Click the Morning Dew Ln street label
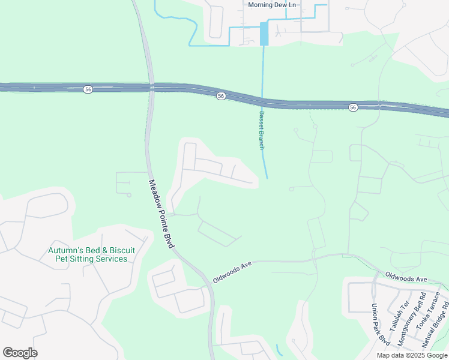click(x=272, y=5)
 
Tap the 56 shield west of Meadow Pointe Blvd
click(x=88, y=89)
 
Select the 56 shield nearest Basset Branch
click(x=221, y=96)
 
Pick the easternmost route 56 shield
click(x=353, y=107)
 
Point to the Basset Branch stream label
click(x=261, y=130)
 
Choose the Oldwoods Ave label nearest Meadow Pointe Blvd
click(x=232, y=272)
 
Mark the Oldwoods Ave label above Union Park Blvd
click(x=405, y=278)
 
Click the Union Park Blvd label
click(x=380, y=325)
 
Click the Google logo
click(x=20, y=352)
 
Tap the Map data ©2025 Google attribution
click(x=411, y=355)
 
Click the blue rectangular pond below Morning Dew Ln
click(x=264, y=34)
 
